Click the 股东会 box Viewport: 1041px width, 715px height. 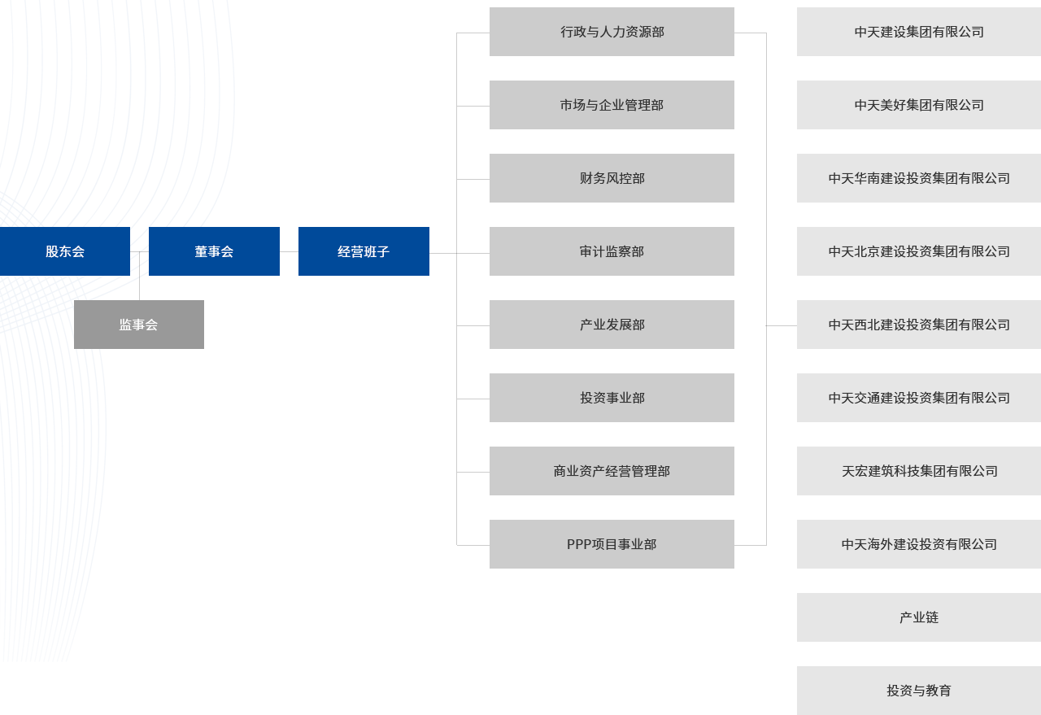click(x=64, y=251)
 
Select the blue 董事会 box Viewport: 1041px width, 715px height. click(x=214, y=251)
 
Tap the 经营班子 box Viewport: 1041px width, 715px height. click(x=364, y=251)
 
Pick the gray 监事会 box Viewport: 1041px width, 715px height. click(x=139, y=325)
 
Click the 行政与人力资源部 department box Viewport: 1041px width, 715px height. click(x=612, y=32)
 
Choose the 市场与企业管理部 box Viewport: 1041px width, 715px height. click(x=612, y=105)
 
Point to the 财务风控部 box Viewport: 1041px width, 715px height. click(x=612, y=178)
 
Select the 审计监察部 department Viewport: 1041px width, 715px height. click(x=612, y=251)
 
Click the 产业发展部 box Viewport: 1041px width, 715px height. click(x=612, y=325)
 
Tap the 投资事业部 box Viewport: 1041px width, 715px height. click(x=612, y=398)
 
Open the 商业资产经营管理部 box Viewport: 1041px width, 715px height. click(x=612, y=471)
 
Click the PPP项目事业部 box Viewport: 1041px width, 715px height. click(x=612, y=544)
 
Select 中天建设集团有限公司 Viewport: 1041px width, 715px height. click(x=919, y=32)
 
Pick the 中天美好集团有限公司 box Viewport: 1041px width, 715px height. click(x=919, y=105)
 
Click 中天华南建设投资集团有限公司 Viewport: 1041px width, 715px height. click(x=919, y=178)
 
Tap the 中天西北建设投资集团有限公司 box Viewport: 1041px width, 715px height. click(x=919, y=325)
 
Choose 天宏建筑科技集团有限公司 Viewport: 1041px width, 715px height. click(x=919, y=471)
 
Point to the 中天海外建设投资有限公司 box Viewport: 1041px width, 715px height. click(x=919, y=544)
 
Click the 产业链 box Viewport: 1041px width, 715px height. click(x=919, y=617)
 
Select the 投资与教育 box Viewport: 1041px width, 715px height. click(x=919, y=691)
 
